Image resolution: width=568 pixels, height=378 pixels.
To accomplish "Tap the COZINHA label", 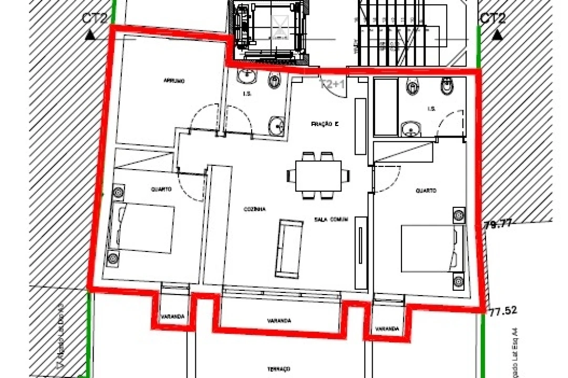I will pyautogui.click(x=254, y=208).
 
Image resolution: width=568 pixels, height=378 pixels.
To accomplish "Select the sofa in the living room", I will pyautogui.click(x=289, y=248).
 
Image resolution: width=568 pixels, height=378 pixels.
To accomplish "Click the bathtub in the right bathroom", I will pyautogui.click(x=386, y=107).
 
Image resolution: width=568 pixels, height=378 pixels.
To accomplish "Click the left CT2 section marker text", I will pyautogui.click(x=95, y=19).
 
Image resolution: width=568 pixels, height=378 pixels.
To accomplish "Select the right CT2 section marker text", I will pyautogui.click(x=492, y=19).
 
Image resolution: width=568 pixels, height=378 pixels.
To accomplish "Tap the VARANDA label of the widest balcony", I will pyautogui.click(x=279, y=320).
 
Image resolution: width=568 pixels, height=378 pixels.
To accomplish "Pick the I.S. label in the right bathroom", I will pyautogui.click(x=432, y=109).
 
